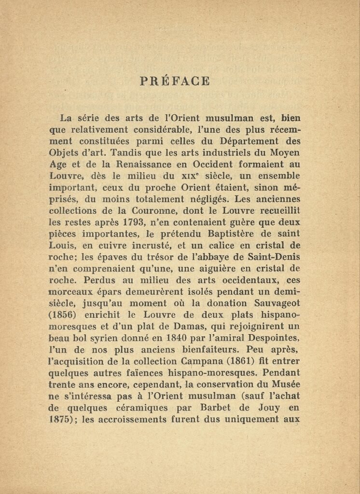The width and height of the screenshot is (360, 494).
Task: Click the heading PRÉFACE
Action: pyautogui.click(x=175, y=81)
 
